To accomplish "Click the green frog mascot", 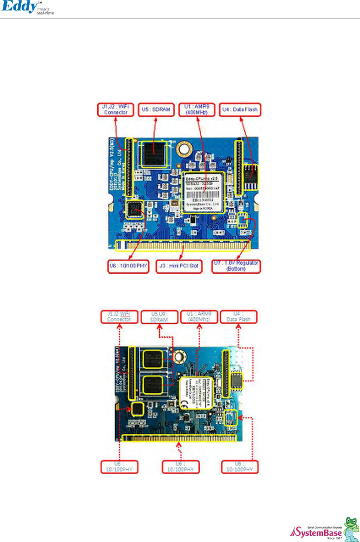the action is click(351, 528).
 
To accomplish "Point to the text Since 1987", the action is click(334, 538).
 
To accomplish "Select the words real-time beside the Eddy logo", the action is click(45, 13).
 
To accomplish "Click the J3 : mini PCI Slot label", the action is click(179, 266).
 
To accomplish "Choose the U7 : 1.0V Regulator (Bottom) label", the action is click(236, 266).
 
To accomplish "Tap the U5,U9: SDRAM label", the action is click(159, 317).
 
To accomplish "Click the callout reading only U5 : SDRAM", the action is click(156, 110).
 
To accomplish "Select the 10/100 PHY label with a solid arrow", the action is click(128, 266).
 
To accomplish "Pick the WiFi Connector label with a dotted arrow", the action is click(119, 317).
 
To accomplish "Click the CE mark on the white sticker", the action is click(184, 404).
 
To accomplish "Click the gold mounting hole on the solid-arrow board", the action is click(184, 149).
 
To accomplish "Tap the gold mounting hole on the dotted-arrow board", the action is click(179, 356).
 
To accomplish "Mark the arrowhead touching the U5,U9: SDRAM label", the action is click(159, 326).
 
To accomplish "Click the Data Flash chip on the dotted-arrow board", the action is click(237, 380).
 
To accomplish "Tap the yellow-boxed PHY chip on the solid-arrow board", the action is click(135, 209).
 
